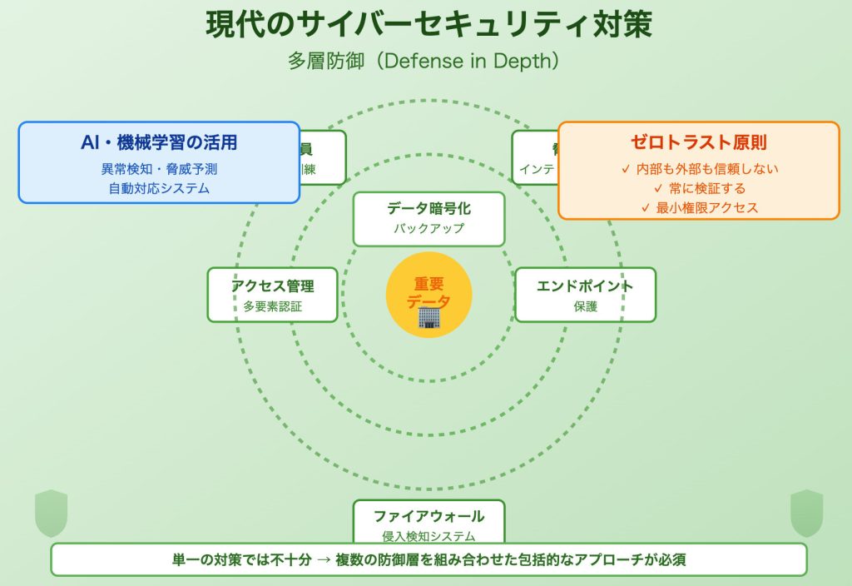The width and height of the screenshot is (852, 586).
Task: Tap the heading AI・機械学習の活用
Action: [159, 142]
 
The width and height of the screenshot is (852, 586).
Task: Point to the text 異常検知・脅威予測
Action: [159, 169]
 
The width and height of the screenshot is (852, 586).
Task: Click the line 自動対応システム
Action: [159, 188]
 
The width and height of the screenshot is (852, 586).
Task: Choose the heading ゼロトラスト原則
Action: [699, 142]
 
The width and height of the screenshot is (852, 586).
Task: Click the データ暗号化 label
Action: [428, 209]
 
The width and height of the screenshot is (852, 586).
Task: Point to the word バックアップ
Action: [428, 229]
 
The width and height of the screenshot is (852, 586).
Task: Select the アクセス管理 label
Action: [272, 286]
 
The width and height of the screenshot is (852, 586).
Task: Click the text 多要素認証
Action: [272, 306]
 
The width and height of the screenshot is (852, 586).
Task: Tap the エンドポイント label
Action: [585, 286]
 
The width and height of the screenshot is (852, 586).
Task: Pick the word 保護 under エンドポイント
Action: [585, 306]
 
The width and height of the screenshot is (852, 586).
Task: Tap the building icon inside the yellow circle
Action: [428, 317]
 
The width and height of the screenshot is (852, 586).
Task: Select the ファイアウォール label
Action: [428, 516]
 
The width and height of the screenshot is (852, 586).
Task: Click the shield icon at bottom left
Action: [51, 513]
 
